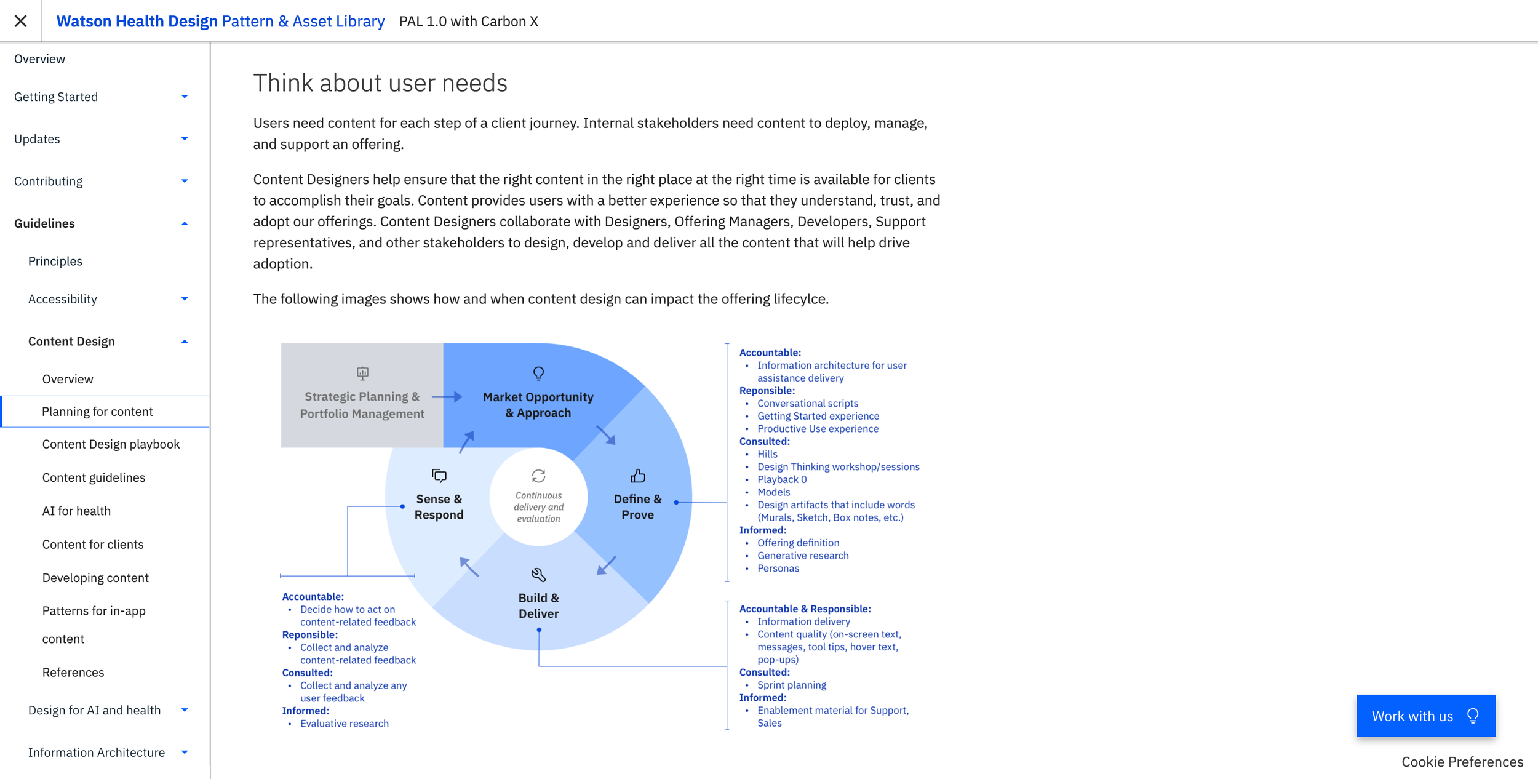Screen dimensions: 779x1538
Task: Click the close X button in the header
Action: click(20, 21)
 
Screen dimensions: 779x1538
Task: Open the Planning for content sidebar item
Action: click(97, 411)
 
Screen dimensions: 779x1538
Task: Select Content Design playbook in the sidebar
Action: click(111, 444)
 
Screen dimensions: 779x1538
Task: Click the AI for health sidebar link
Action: click(76, 511)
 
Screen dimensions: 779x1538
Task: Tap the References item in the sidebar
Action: click(73, 672)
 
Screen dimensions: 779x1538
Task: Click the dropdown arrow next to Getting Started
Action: click(185, 97)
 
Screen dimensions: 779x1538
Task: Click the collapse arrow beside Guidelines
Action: click(185, 223)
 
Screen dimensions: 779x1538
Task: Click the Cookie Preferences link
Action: click(1462, 762)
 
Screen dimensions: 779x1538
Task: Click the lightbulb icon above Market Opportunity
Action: click(538, 374)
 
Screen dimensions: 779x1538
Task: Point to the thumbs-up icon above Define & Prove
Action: click(638, 476)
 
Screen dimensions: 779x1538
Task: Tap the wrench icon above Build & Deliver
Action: click(538, 575)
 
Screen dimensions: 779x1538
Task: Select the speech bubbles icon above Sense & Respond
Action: click(439, 476)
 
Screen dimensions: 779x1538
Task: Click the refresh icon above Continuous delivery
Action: click(538, 476)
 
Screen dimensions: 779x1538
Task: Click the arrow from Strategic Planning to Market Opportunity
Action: click(447, 397)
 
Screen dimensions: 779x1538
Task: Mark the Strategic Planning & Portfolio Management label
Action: click(362, 405)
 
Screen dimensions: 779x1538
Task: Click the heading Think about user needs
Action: click(380, 83)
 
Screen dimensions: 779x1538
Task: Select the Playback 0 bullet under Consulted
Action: click(781, 479)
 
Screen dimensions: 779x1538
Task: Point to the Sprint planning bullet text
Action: click(791, 685)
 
